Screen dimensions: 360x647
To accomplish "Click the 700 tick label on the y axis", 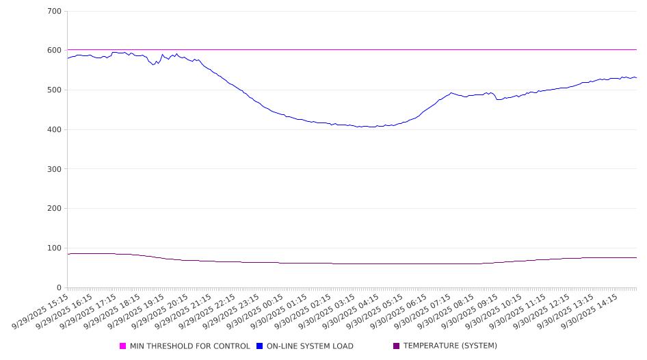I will coord(55,12).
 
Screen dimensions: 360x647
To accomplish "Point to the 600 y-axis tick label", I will coord(55,51).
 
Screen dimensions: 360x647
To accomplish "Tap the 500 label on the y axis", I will coord(55,90).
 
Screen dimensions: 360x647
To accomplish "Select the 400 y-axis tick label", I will coord(55,130).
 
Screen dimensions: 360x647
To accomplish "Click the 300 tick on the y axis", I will coord(55,169).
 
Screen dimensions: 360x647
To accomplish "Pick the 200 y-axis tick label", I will coord(55,209).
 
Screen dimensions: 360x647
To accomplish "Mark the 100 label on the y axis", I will coord(55,248).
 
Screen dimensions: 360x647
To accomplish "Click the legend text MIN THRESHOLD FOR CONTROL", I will coord(189,346).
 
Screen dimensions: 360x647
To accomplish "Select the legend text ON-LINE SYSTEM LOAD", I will coord(310,346).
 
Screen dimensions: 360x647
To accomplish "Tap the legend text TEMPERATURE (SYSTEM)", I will coord(450,346).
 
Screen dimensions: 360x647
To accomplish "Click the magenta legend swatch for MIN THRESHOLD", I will coord(123,346).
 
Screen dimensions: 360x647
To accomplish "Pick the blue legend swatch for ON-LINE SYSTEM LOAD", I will coord(260,346).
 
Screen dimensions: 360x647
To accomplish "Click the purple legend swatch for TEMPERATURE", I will coord(397,346).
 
